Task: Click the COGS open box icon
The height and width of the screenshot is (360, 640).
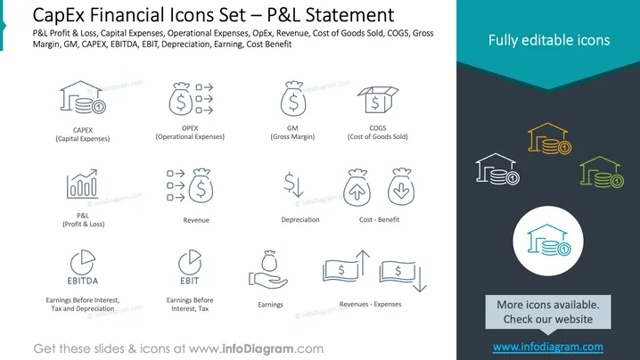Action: pyautogui.click(x=378, y=100)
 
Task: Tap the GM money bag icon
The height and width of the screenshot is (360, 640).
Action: pyautogui.click(x=293, y=98)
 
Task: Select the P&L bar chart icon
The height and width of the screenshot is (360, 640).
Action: pyautogui.click(x=82, y=184)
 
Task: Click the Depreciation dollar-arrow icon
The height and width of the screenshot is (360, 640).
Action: pyautogui.click(x=293, y=184)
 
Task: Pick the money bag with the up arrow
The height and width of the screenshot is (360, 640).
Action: pyautogui.click(x=357, y=187)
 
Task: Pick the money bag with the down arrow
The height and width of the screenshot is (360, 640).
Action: pyautogui.click(x=401, y=186)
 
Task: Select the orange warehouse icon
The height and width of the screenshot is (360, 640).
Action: pyautogui.click(x=549, y=138)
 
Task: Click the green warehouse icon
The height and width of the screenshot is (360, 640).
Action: pyautogui.click(x=602, y=172)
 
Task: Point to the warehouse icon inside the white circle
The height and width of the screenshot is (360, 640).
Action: pyautogui.click(x=549, y=240)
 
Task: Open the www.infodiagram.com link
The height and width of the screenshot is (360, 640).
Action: pyautogui.click(x=548, y=347)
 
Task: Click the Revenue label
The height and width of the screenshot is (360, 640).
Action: pyautogui.click(x=196, y=220)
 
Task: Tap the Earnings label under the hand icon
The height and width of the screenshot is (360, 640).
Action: pyautogui.click(x=270, y=305)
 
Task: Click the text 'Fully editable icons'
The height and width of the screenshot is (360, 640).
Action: pyautogui.click(x=549, y=40)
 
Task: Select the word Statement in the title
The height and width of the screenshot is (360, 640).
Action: pyautogui.click(x=349, y=15)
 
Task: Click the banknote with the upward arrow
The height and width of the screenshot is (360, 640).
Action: pyautogui.click(x=346, y=266)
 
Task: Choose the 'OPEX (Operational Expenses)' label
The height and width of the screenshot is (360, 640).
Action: pyautogui.click(x=190, y=132)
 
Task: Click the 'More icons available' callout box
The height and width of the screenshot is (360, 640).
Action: pyautogui.click(x=548, y=312)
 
